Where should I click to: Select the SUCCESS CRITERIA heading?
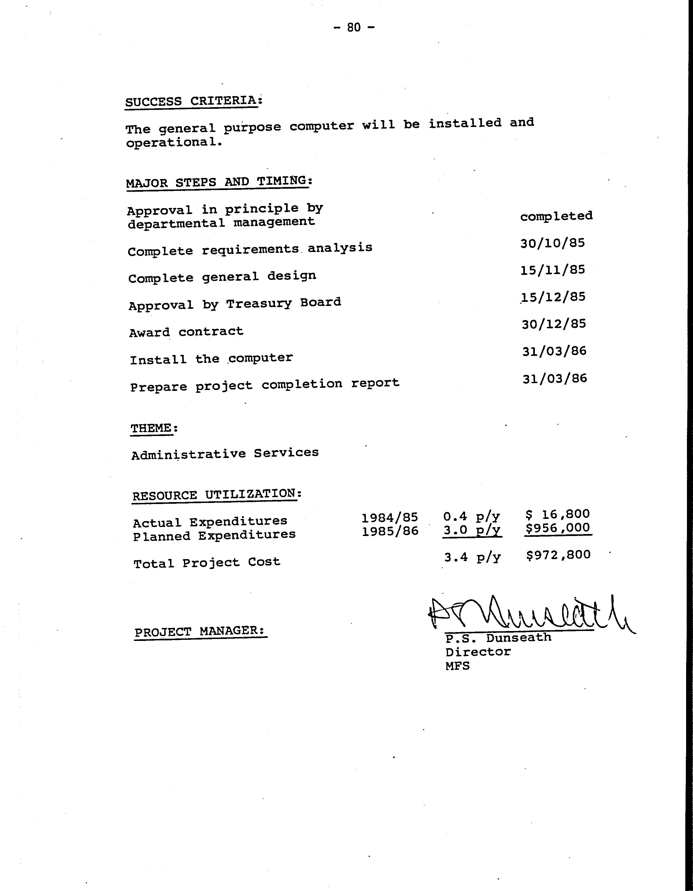tap(193, 101)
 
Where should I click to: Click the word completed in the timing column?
tap(556, 216)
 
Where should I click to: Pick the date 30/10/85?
tap(552, 243)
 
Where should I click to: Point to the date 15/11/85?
tap(552, 270)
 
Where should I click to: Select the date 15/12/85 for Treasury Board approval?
tap(553, 297)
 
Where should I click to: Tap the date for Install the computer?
tap(554, 351)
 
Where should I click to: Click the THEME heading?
tap(154, 428)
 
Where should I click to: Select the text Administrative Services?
tap(225, 453)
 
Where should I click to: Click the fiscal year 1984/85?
tap(390, 517)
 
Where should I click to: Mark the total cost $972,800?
tap(558, 555)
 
